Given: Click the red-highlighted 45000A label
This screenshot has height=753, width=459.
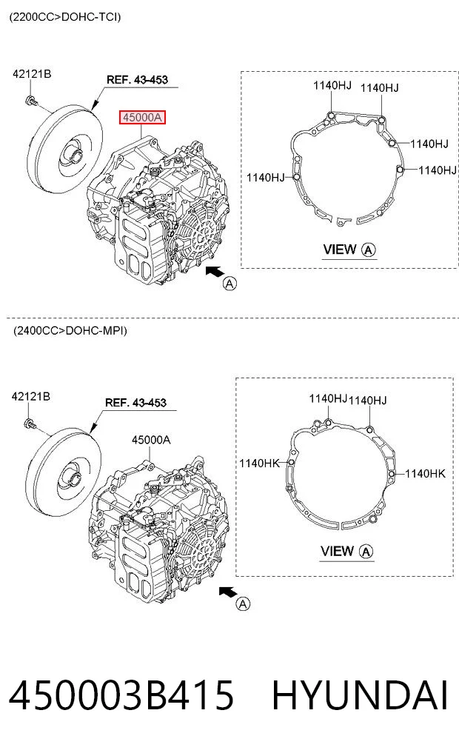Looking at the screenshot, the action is point(142,117).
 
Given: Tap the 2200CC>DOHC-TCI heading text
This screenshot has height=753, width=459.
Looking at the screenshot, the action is point(65,17).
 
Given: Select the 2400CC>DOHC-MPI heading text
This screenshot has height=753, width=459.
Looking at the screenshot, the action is point(70,330).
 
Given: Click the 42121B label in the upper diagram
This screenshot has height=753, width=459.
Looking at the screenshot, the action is point(32,74).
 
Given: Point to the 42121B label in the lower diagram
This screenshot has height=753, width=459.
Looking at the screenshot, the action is point(31,396).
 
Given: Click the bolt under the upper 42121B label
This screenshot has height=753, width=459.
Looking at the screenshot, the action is point(31,101).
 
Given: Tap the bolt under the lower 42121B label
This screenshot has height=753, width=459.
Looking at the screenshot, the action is point(30,424).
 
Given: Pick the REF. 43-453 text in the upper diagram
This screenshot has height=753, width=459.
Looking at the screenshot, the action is point(137,80).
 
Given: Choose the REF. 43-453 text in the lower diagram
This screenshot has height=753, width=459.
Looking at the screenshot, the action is point(136,403).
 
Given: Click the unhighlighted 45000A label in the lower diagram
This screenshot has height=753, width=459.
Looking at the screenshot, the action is point(151,439).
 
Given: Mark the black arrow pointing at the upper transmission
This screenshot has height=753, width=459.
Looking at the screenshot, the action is point(215,272).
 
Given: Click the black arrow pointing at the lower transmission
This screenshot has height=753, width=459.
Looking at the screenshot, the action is point(229,592).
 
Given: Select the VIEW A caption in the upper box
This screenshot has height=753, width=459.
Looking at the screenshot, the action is point(349,250).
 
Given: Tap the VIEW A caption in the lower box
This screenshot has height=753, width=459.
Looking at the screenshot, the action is point(346,552).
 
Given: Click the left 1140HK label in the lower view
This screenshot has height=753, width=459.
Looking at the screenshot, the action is point(259,463).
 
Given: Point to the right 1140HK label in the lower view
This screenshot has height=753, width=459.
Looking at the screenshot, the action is point(426,474).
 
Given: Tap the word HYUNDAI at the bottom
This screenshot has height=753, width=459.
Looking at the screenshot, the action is point(360,695).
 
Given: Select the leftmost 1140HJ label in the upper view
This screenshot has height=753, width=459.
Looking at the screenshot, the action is point(266,178).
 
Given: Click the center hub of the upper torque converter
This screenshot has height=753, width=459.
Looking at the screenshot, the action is point(76,153).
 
